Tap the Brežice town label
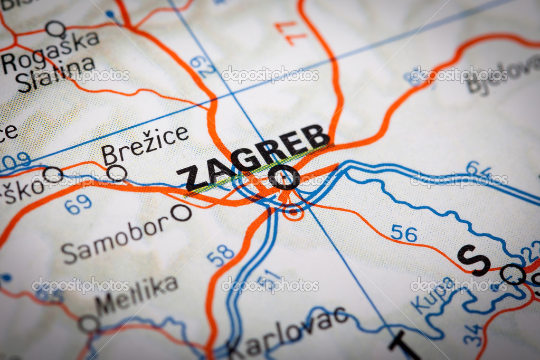(145, 145)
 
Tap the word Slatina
(55, 74)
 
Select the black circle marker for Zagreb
(284, 177)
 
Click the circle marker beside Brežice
(117, 173)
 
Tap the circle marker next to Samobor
(181, 212)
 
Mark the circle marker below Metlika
(89, 324)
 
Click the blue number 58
(220, 255)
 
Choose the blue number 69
(78, 204)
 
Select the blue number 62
(203, 67)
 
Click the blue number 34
(473, 334)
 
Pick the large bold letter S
(473, 260)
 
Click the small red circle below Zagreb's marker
(292, 212)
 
